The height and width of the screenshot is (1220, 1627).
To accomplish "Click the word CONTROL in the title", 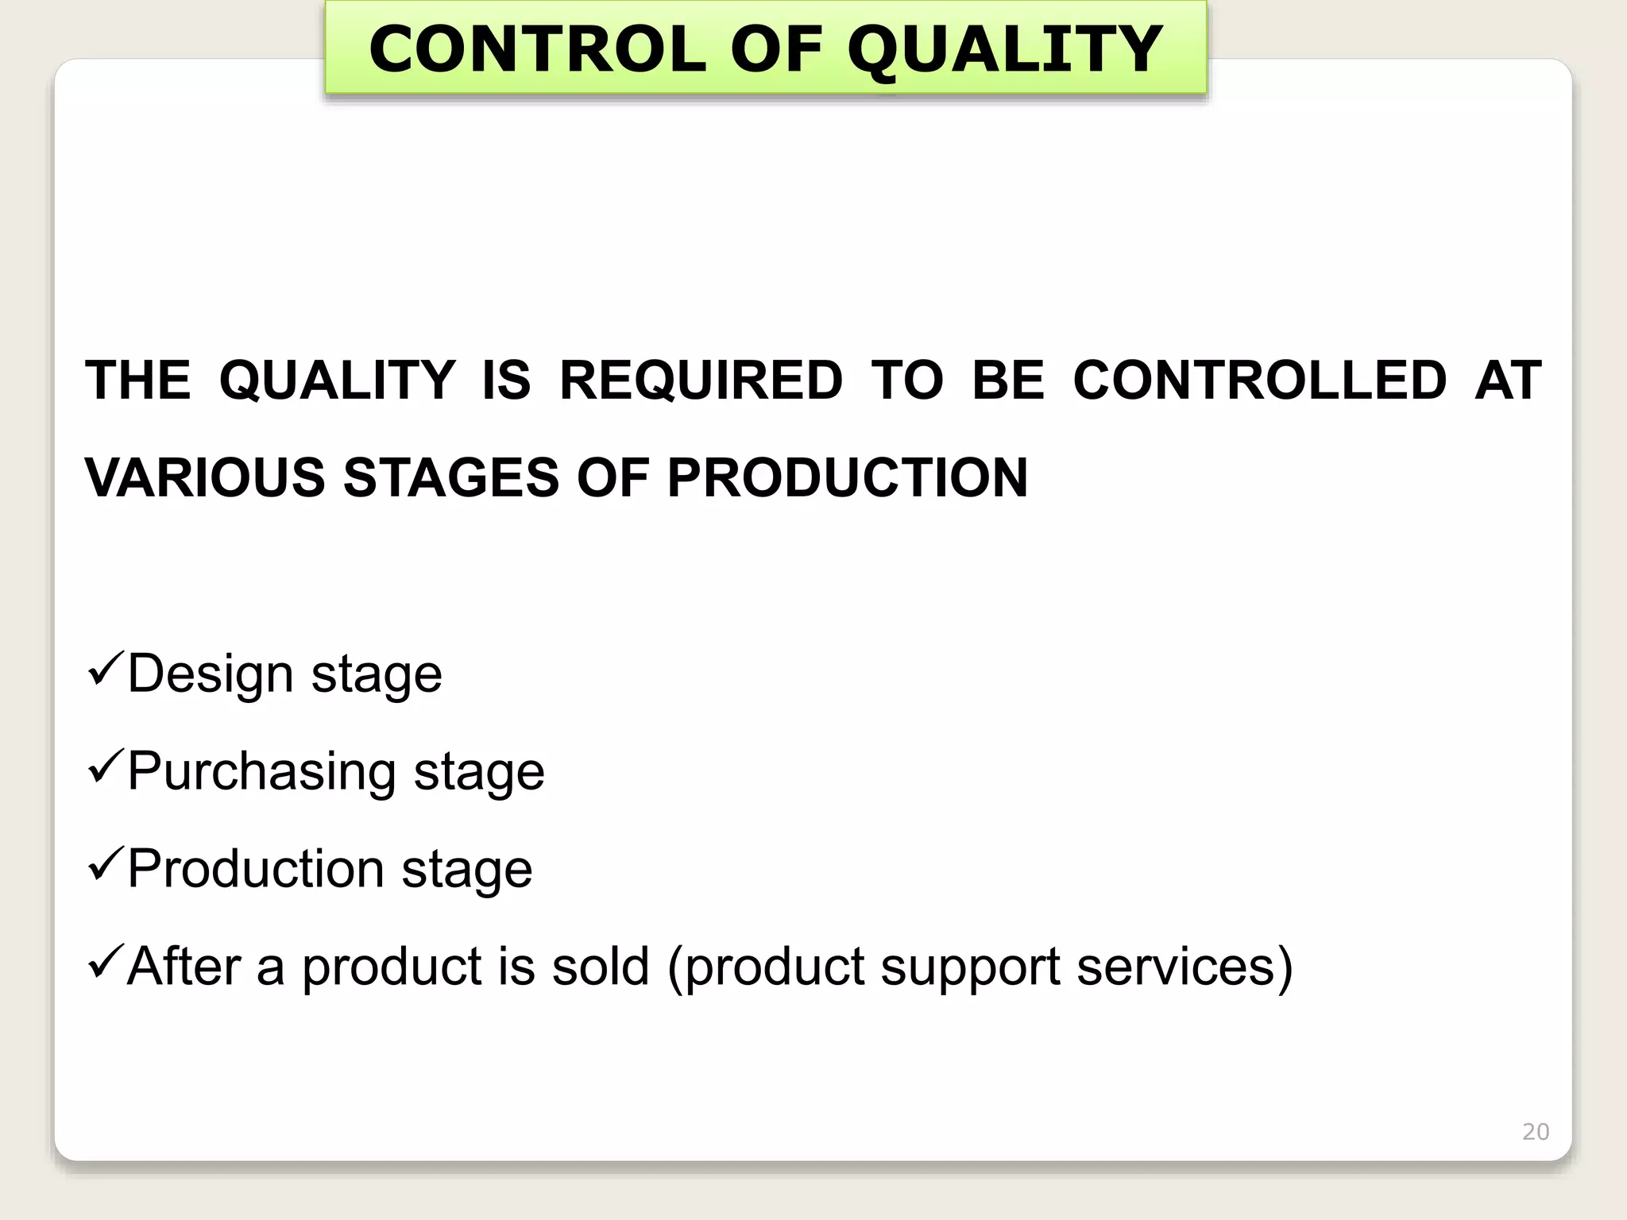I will (537, 49).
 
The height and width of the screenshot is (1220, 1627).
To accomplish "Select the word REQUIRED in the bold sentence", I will (701, 380).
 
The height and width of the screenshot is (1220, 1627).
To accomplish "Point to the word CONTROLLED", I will (1260, 380).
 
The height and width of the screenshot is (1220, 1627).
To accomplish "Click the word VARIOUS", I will (205, 478).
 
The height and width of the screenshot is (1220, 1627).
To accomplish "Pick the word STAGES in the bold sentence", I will (451, 478).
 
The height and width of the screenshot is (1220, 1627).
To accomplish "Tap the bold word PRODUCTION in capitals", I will (847, 478).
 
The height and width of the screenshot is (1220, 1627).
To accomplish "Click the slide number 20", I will (1535, 1132).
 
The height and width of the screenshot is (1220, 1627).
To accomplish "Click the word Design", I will (211, 674).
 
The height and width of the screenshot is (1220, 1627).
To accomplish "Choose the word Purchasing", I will (261, 772).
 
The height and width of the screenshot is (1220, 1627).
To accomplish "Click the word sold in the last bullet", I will (601, 967).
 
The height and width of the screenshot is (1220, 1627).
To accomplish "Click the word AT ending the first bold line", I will (1508, 380).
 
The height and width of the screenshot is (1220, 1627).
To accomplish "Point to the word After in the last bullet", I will (184, 967).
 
